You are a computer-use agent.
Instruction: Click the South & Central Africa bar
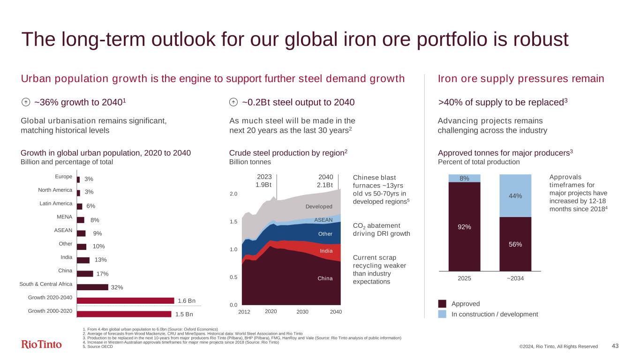click(92, 287)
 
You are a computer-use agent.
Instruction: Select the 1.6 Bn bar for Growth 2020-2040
click(125, 300)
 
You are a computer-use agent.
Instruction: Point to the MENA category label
click(65, 217)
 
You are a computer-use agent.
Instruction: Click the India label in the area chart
click(326, 251)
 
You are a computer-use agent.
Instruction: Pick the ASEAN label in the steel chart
click(323, 220)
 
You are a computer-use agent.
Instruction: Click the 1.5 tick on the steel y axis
click(233, 222)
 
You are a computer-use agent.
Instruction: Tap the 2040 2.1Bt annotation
click(325, 181)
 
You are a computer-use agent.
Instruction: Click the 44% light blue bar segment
click(515, 195)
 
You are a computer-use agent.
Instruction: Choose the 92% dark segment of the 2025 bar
click(465, 226)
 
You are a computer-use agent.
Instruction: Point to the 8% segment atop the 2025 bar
click(465, 178)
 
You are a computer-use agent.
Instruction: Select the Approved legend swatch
click(442, 303)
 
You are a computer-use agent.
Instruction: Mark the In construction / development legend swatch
click(442, 314)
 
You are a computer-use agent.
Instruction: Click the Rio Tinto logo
click(41, 345)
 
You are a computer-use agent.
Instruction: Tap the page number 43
click(616, 346)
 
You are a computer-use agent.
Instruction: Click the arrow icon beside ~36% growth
click(26, 103)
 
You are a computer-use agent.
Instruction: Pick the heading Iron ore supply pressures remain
click(520, 79)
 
